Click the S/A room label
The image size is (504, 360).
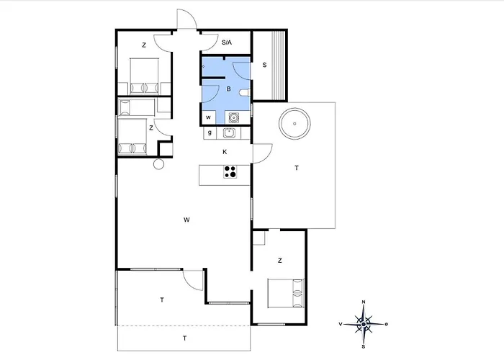[227, 42]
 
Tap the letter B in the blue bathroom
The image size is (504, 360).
[228, 89]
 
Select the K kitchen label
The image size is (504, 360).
[225, 152]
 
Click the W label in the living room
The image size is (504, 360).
[186, 220]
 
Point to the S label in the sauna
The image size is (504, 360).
[264, 65]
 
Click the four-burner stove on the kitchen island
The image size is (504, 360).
[230, 171]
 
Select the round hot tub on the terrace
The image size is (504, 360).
[294, 124]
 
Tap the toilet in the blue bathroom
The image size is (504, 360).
[245, 93]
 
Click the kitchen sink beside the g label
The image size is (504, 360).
[229, 132]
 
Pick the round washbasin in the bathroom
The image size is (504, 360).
[234, 117]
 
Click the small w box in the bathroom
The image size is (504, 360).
[208, 117]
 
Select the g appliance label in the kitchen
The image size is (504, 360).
[210, 132]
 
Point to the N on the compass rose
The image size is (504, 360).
[364, 302]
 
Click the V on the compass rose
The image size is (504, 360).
[341, 324]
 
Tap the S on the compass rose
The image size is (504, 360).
[364, 346]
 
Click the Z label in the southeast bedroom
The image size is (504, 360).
[279, 261]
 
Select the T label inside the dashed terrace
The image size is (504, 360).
[185, 338]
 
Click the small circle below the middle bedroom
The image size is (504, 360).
[159, 164]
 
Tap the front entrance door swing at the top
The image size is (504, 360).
[186, 18]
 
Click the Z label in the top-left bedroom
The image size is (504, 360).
[144, 45]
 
